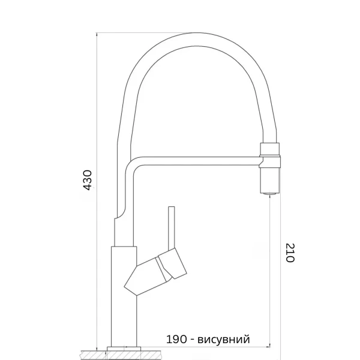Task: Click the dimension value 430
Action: (88, 180)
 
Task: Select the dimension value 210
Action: (290, 253)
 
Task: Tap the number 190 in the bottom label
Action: (176, 340)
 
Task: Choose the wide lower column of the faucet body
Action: (124, 294)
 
